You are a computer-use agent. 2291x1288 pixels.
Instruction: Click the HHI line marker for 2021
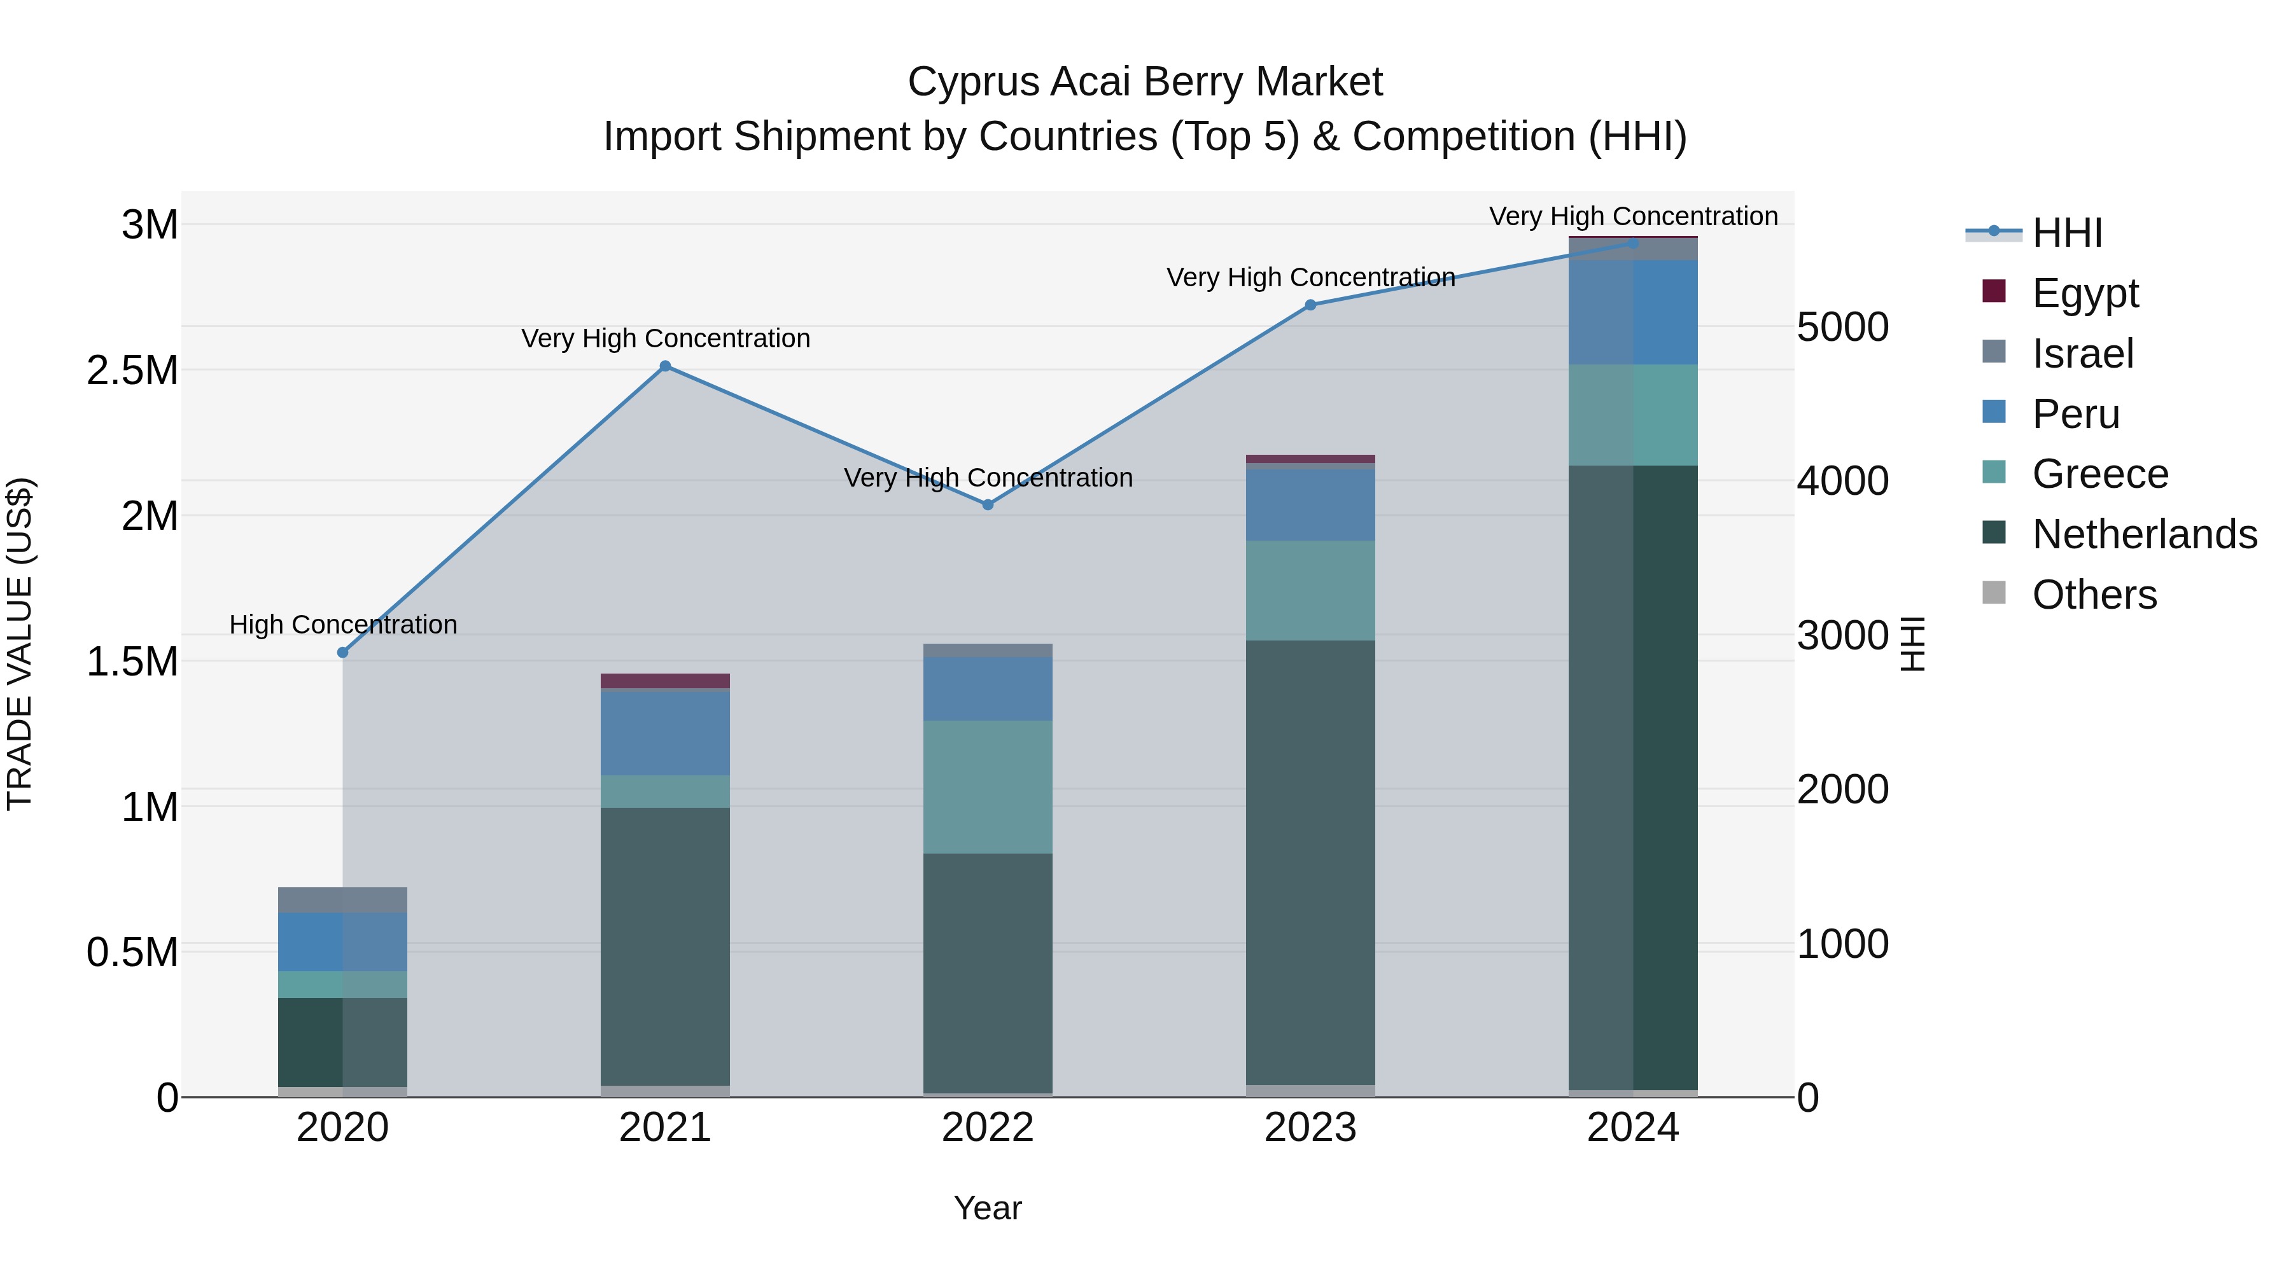[x=665, y=366]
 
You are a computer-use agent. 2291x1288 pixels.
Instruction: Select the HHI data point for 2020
[x=342, y=653]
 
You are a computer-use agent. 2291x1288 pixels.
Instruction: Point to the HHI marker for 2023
[x=1310, y=305]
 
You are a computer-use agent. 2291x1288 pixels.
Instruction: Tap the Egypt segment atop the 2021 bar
[x=665, y=681]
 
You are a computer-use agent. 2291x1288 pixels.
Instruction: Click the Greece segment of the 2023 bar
[x=1310, y=590]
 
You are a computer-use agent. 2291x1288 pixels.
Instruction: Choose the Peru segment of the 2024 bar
[x=1633, y=312]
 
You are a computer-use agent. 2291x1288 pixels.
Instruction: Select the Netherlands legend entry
[x=2144, y=534]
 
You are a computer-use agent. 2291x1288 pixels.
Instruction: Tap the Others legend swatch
[x=1995, y=593]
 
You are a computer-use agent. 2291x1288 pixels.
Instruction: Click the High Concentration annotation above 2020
[x=342, y=625]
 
